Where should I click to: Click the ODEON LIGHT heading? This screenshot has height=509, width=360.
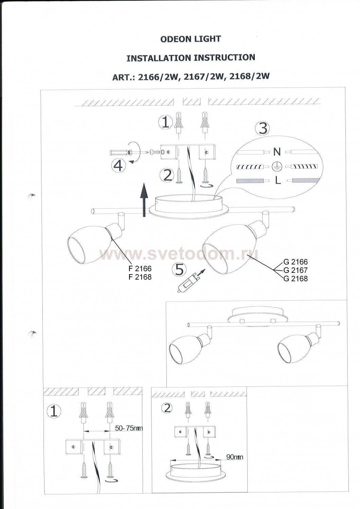pos(191,39)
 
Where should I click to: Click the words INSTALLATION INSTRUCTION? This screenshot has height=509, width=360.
pos(191,58)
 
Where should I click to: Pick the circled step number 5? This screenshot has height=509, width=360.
pos(179,269)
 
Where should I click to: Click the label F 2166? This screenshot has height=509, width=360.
pos(140,269)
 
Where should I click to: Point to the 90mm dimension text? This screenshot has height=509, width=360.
pos(235,457)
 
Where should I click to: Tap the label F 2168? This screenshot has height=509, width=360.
pos(140,277)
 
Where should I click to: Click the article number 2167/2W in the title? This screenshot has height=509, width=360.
pos(203,77)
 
